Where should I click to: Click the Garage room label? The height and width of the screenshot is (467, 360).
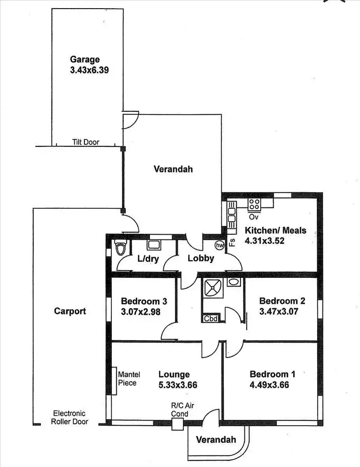pos(85,60)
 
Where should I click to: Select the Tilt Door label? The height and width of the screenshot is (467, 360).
pos(86,142)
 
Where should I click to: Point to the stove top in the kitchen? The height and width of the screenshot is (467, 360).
pos(254,204)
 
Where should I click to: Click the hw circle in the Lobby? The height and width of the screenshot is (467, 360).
pos(220,245)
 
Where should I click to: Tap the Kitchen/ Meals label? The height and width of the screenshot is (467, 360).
pos(275,230)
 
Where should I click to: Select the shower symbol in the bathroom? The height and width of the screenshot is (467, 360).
pos(212,287)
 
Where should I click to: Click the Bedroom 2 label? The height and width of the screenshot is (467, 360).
pos(282,301)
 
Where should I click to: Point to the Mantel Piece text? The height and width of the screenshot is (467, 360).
pos(127,379)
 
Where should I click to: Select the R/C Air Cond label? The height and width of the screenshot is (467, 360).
pos(180,410)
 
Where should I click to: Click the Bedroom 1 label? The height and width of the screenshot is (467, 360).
pos(273,374)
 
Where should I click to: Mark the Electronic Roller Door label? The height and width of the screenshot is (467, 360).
pos(70,418)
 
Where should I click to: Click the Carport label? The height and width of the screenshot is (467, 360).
pos(70,311)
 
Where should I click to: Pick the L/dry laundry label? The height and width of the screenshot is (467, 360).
pos(148,259)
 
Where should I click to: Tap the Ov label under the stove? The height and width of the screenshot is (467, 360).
pos(254,216)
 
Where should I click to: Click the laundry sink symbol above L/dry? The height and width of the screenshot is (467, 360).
pos(154,244)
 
